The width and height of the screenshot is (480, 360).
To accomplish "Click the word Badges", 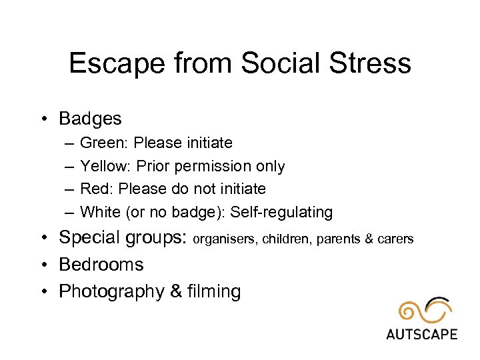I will point(90,119).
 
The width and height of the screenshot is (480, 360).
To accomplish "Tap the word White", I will point(99,212).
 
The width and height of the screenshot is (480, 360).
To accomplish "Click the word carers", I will point(397,239).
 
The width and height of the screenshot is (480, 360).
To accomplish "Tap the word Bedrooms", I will point(101,264).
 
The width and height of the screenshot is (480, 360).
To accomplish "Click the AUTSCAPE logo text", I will point(421,333).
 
